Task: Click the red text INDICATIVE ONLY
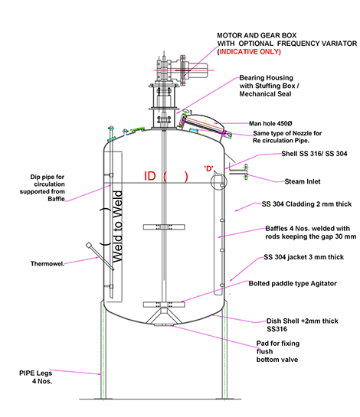click(x=250, y=51)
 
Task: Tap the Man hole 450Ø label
click(x=270, y=123)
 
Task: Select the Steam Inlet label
click(x=303, y=181)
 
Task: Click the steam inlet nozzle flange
click(x=246, y=172)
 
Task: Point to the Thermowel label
click(x=47, y=264)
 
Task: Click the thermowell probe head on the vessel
click(x=89, y=245)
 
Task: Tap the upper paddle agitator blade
click(x=164, y=226)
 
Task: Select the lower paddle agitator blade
click(x=164, y=305)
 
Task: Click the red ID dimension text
click(x=150, y=176)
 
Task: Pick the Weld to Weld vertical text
click(x=117, y=226)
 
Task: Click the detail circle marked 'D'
click(x=219, y=181)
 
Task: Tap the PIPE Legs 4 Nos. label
click(x=36, y=377)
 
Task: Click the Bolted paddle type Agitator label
click(x=293, y=284)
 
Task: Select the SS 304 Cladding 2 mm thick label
click(x=306, y=204)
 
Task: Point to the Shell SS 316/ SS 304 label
click(x=314, y=154)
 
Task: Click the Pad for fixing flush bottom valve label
click(x=278, y=351)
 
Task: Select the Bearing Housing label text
click(x=267, y=77)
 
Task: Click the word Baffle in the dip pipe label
click(x=56, y=199)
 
